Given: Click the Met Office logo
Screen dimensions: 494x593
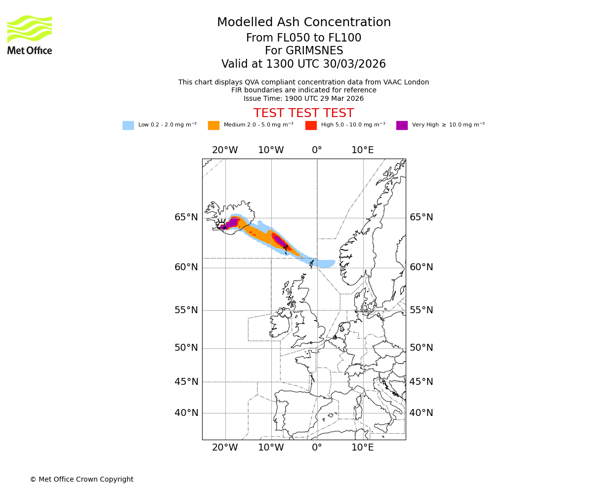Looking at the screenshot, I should (x=30, y=35).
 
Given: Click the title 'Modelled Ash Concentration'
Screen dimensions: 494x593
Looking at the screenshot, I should (x=304, y=23).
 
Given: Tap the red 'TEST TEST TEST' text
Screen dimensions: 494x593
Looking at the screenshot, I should (x=303, y=113).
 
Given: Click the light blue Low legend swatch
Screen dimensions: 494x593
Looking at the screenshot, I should (x=128, y=125).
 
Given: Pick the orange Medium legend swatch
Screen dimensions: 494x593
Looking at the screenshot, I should (x=213, y=125).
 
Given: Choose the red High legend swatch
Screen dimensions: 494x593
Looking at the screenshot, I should (x=311, y=125).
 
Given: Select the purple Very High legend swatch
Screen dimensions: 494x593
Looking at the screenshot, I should (x=402, y=125).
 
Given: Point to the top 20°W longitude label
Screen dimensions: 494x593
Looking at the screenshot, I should (x=225, y=150).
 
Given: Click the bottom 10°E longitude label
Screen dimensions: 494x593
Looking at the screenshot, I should (x=363, y=448).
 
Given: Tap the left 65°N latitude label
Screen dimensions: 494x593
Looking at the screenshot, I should (x=186, y=217).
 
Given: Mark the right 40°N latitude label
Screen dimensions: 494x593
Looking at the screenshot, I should (x=421, y=413).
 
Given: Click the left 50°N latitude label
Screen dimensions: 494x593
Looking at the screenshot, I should (x=186, y=348).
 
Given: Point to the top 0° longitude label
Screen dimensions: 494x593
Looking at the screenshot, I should (x=317, y=150).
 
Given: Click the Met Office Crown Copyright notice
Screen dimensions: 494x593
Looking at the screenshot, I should (x=82, y=479).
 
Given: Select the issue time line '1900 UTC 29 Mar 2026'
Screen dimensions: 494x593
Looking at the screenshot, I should (x=303, y=98).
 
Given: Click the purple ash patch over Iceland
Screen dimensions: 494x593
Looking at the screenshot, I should (x=231, y=223).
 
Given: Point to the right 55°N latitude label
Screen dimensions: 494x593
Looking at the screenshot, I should (x=421, y=310).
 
